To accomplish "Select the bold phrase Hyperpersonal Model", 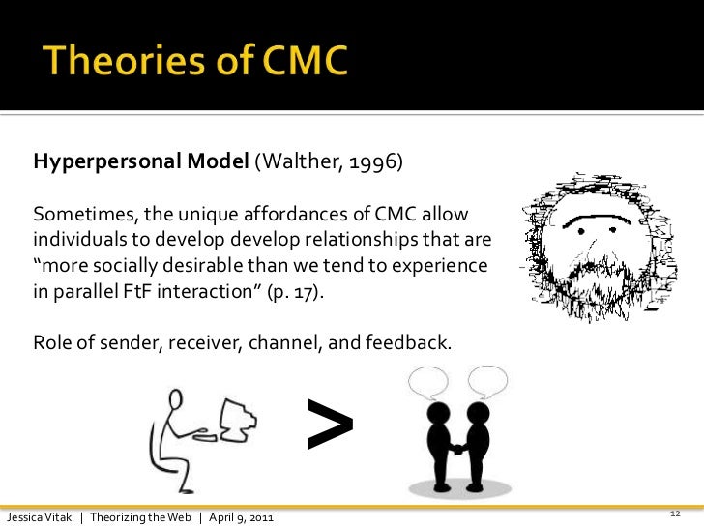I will coord(142,161).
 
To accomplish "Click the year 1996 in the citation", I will coord(375,161).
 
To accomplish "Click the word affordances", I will coord(264,213).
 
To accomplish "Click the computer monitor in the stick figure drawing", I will coord(237,420).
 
